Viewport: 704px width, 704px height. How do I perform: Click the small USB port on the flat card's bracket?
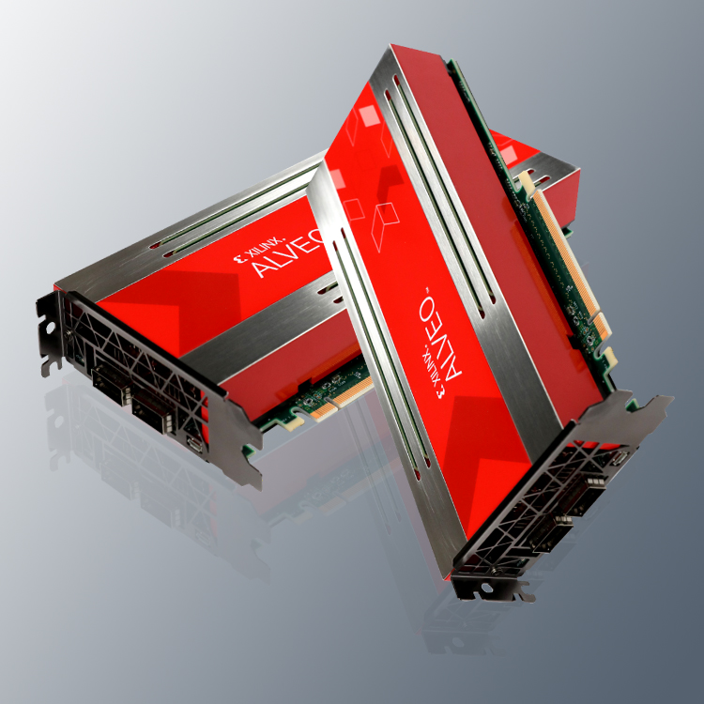tap(195, 443)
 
